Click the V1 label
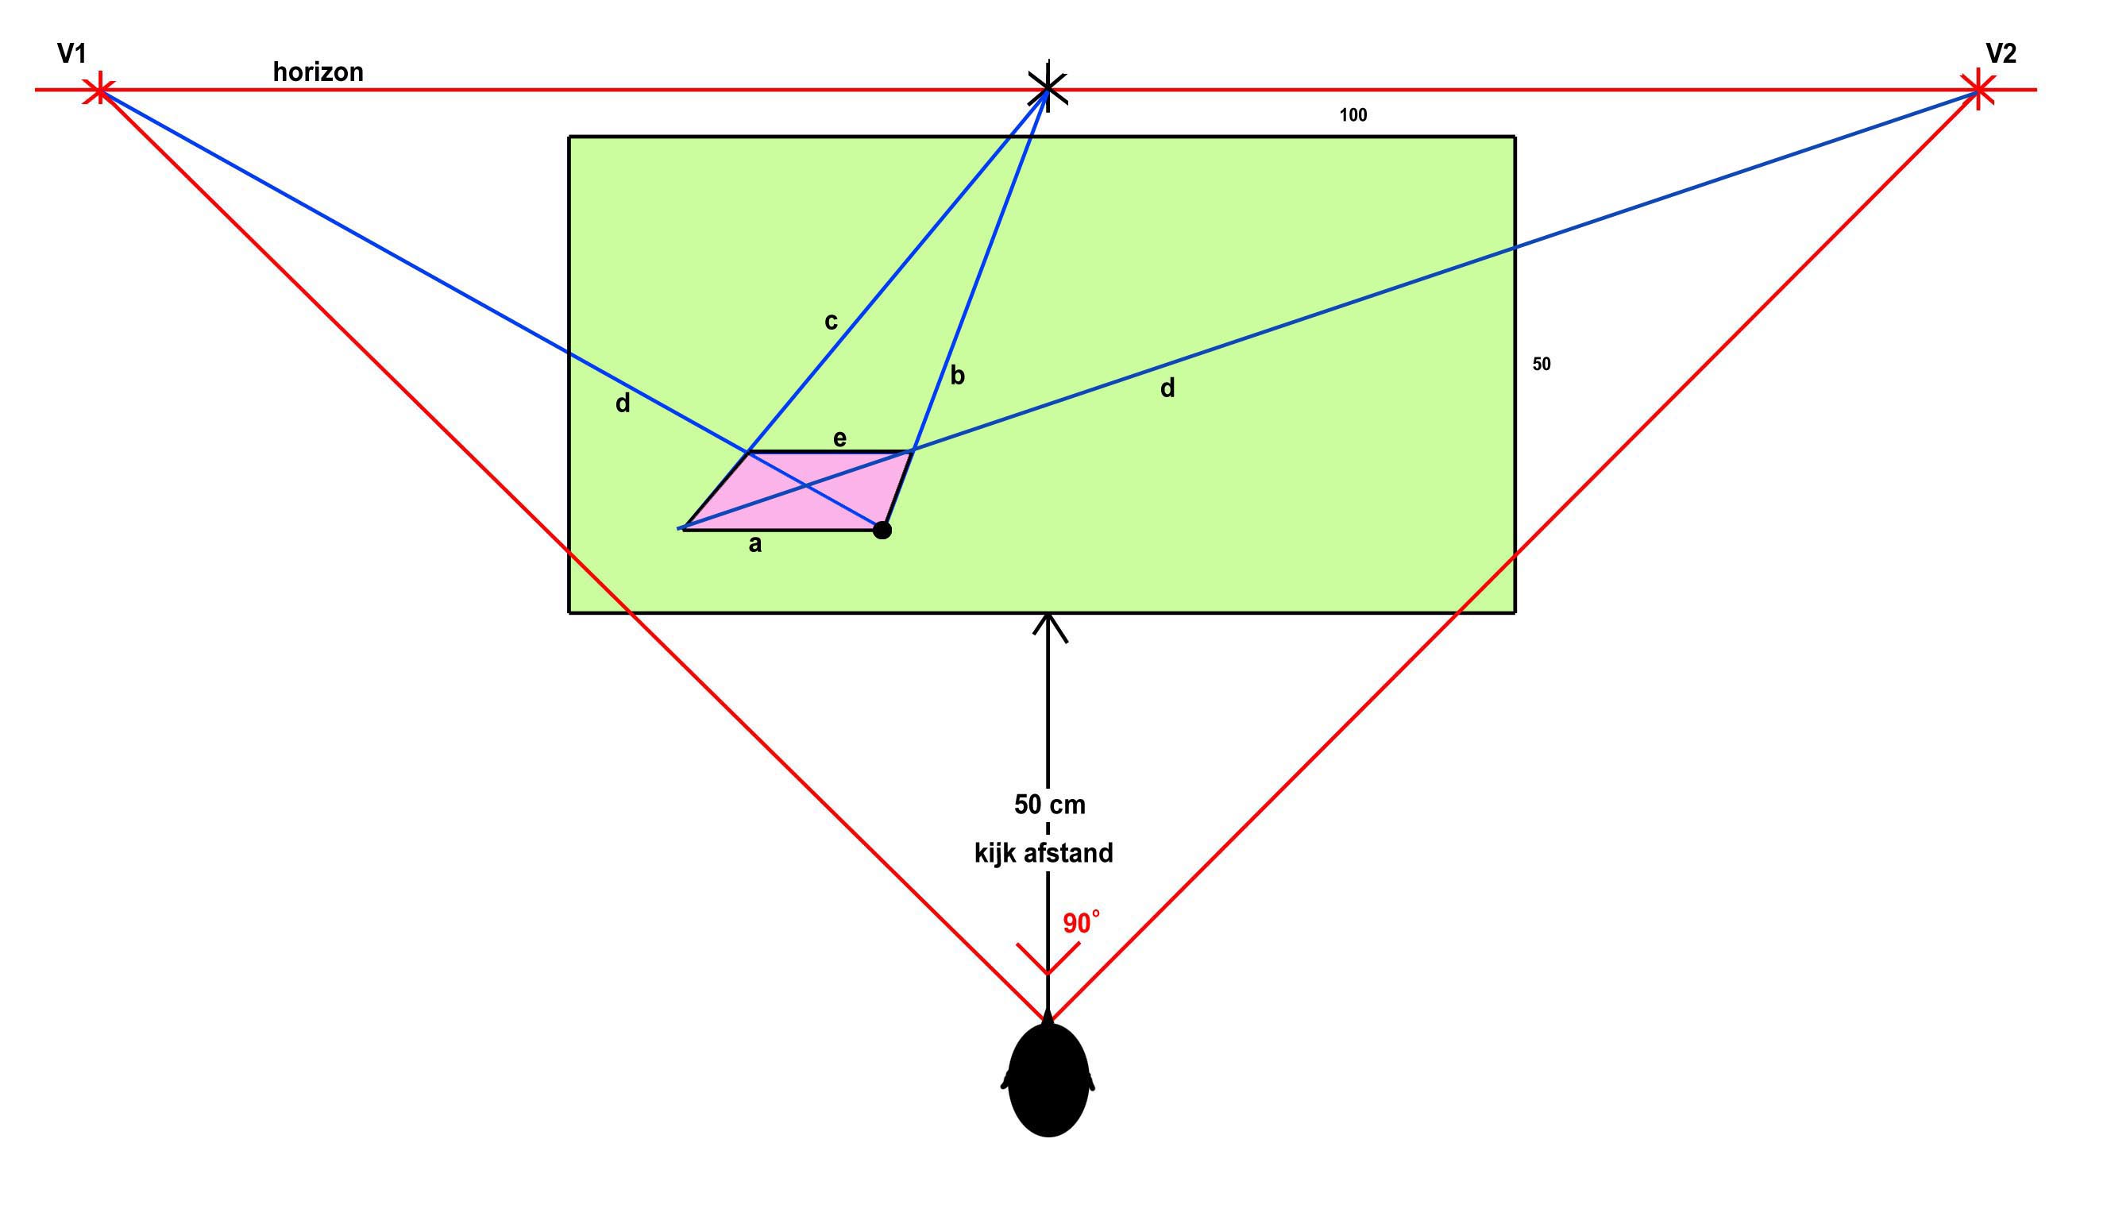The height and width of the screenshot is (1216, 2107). (x=71, y=54)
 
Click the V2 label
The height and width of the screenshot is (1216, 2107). (x=2001, y=54)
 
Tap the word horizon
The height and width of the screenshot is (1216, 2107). (x=318, y=71)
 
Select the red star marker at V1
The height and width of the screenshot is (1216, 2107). (x=100, y=90)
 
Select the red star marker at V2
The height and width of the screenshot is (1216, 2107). (x=1977, y=90)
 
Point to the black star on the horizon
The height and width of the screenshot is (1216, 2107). (x=1048, y=86)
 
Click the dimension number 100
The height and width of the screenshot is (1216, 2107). (x=1353, y=115)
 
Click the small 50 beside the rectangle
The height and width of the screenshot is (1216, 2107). (x=1542, y=364)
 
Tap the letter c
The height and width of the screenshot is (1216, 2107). (x=831, y=322)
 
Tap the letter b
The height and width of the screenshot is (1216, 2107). (x=958, y=375)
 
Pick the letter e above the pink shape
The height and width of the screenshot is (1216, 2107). (x=840, y=438)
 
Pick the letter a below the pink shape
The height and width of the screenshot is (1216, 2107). (x=755, y=545)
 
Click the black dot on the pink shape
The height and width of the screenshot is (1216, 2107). (x=882, y=531)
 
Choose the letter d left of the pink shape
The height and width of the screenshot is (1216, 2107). (x=623, y=403)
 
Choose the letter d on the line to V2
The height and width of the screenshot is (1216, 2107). (x=1167, y=388)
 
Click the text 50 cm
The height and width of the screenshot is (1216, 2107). (x=1050, y=805)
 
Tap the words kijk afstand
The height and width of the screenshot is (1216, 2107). (x=1044, y=853)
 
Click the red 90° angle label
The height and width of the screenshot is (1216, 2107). (x=1081, y=923)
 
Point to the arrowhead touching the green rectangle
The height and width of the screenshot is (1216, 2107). (x=1049, y=627)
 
